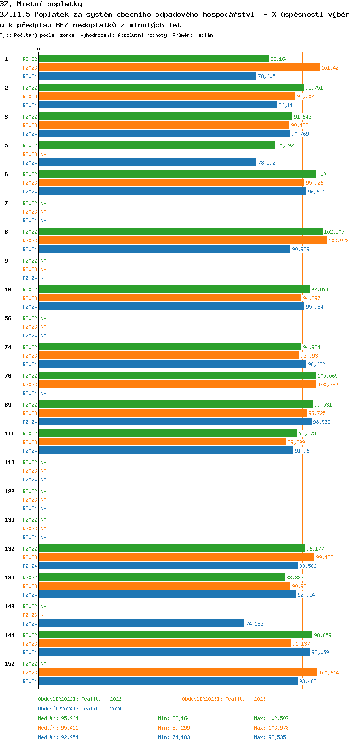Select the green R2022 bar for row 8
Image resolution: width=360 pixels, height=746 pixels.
tap(180, 232)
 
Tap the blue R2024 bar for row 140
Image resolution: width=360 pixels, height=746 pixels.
tap(142, 624)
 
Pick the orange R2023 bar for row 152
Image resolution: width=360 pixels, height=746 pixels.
tap(178, 673)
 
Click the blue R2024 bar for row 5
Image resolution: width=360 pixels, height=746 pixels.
tap(147, 163)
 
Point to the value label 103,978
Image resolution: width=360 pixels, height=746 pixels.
tap(338, 241)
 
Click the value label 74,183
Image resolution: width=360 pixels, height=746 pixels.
tap(254, 624)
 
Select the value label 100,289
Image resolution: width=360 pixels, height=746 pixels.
tap(328, 385)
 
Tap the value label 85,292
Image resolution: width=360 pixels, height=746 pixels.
tap(286, 145)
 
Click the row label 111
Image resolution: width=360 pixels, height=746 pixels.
tap(9, 433)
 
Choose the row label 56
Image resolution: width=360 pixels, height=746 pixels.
tap(8, 318)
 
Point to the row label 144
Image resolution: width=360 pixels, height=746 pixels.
tap(9, 635)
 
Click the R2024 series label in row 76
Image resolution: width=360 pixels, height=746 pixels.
tap(30, 393)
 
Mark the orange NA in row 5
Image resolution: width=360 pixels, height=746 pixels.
tap(43, 154)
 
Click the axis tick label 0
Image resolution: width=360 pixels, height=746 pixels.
tap(39, 49)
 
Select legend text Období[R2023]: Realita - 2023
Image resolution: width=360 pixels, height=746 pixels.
tap(224, 699)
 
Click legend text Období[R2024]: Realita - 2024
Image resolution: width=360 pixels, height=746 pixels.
tap(80, 709)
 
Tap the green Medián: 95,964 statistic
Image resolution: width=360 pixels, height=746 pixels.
tap(58, 718)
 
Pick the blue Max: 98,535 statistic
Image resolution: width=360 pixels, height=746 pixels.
tap(271, 737)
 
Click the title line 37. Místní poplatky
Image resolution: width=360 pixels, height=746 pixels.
tap(41, 4)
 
